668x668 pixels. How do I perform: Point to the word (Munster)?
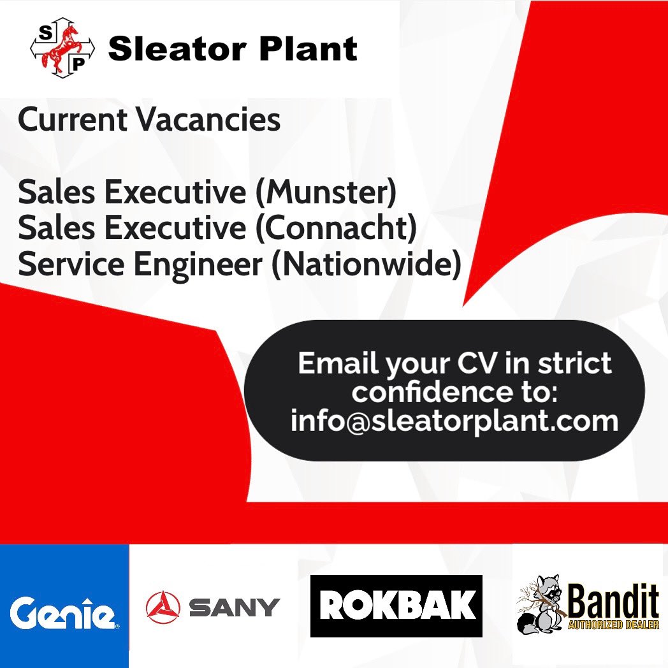(x=325, y=192)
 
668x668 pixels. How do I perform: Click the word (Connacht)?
(x=336, y=228)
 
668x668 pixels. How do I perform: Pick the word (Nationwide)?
(x=366, y=265)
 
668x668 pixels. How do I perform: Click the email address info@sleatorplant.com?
(x=454, y=421)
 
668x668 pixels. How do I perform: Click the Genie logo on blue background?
(x=64, y=614)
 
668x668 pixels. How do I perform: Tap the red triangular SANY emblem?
(x=163, y=607)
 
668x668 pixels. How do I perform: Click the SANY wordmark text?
(x=234, y=607)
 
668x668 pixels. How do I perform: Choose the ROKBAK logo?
(x=396, y=606)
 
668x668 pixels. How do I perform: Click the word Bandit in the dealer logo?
(x=613, y=600)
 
